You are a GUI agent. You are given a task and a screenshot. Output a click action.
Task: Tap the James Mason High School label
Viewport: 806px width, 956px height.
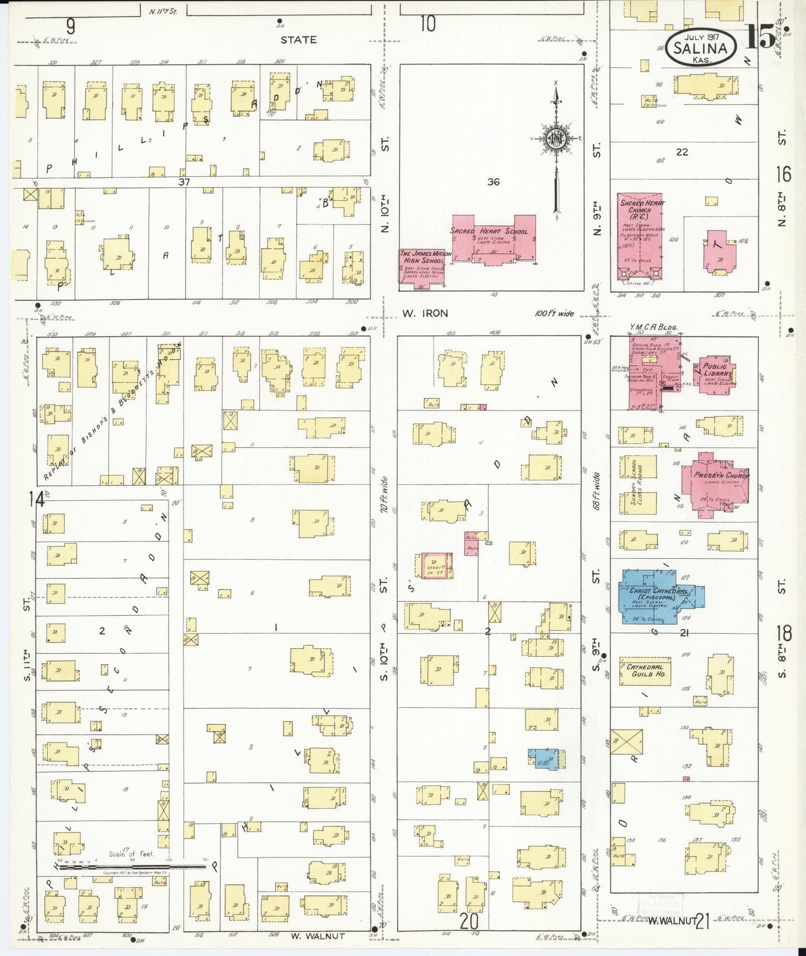(422, 257)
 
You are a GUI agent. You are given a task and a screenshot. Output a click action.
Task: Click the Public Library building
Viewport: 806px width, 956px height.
(716, 374)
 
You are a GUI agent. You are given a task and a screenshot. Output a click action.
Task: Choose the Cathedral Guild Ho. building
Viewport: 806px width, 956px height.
(645, 670)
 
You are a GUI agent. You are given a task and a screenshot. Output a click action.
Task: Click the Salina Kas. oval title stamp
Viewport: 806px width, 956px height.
(701, 47)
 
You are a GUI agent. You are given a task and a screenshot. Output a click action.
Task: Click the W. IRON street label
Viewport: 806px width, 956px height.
(425, 313)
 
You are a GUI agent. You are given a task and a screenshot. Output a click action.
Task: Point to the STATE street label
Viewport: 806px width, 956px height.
(298, 40)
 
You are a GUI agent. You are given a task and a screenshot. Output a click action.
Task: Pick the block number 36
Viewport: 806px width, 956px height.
(493, 182)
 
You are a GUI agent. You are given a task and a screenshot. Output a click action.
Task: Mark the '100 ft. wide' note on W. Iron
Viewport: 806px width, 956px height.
(554, 313)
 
